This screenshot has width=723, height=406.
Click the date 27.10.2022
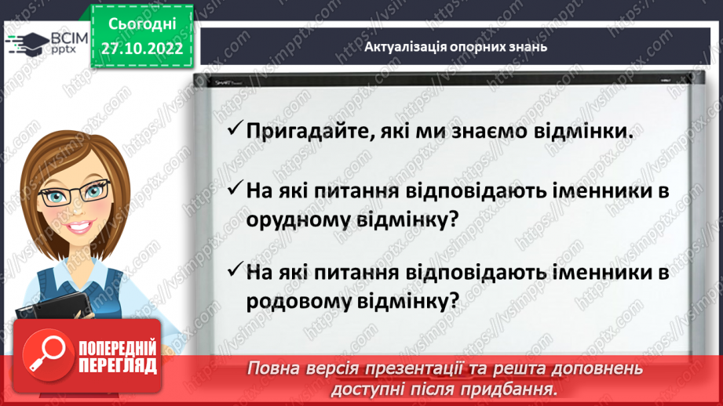click(x=141, y=49)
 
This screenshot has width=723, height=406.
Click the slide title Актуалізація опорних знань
click(x=455, y=46)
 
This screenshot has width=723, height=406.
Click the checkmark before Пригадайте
click(x=233, y=131)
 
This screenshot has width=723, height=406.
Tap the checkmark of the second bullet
click(x=233, y=190)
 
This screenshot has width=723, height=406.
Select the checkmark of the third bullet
click(x=233, y=270)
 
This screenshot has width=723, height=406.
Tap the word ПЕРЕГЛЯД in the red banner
click(x=117, y=365)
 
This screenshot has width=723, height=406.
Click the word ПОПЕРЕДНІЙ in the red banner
click(x=117, y=348)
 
